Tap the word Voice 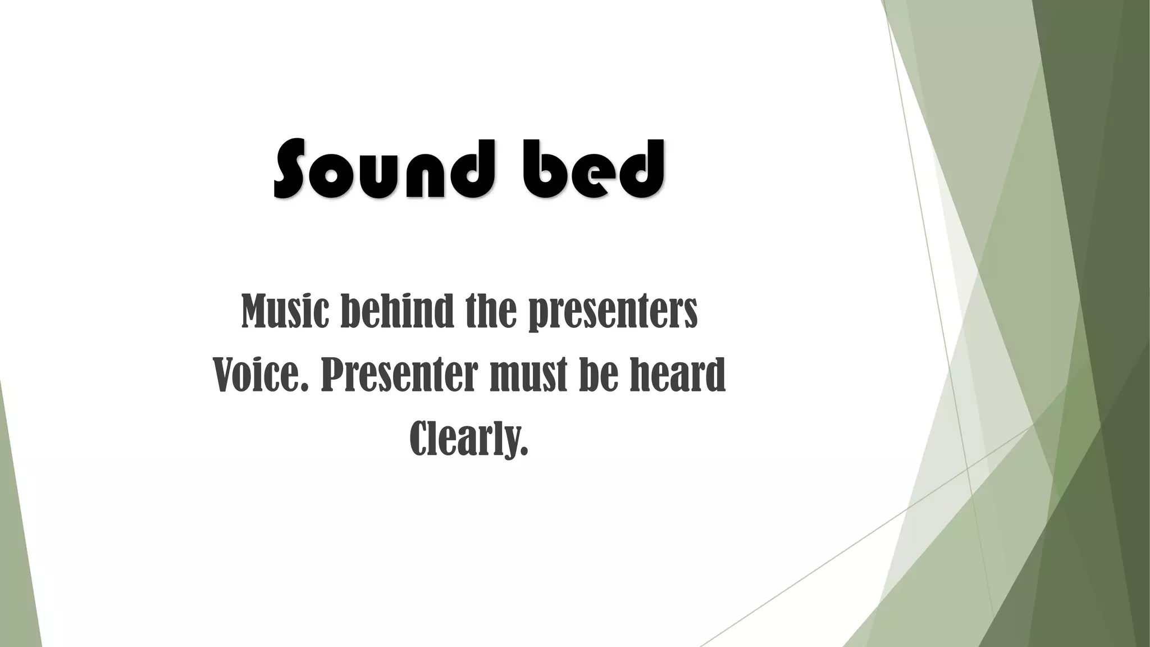261,375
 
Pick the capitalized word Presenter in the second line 399,375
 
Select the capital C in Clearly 420,438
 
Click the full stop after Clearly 524,452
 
